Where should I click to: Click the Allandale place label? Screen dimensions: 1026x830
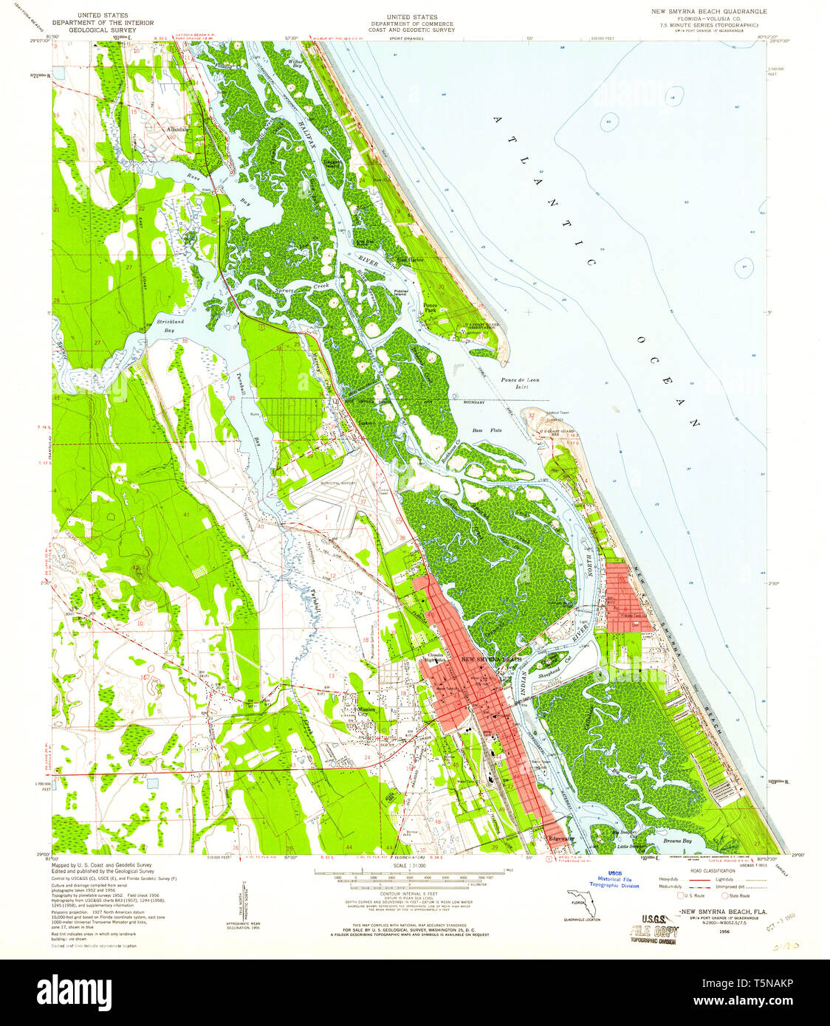(178, 129)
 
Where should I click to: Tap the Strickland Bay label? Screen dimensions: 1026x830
(170, 326)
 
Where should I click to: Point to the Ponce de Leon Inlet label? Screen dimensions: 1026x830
(520, 383)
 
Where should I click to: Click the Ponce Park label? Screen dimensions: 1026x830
(430, 308)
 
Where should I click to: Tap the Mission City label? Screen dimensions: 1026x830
(366, 712)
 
